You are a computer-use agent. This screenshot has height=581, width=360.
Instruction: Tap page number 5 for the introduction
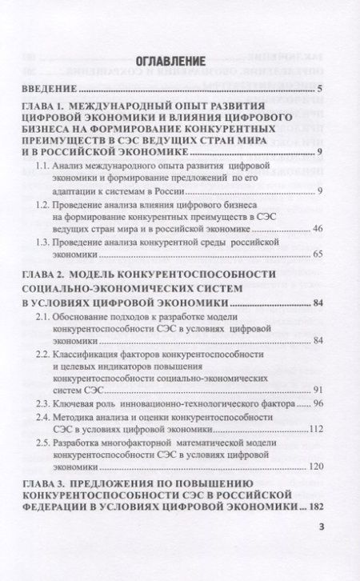pos(318,88)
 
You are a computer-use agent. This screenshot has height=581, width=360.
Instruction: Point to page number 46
pos(315,230)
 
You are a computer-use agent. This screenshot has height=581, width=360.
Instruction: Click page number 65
pos(315,256)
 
